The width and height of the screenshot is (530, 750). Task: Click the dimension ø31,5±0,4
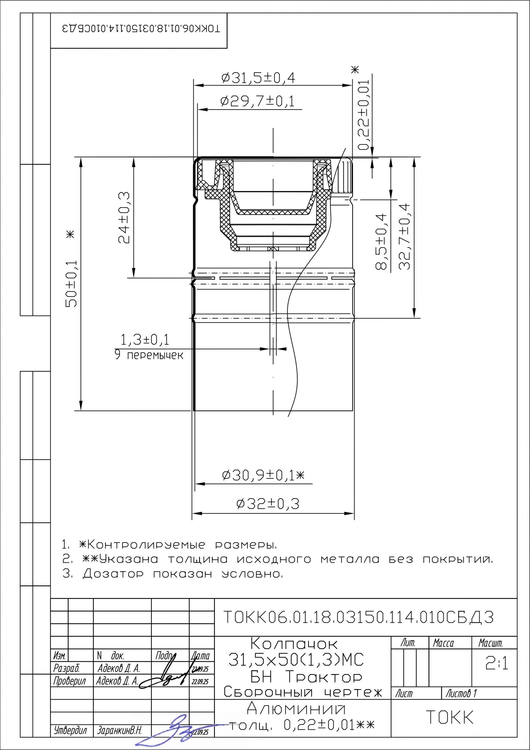[x=258, y=78]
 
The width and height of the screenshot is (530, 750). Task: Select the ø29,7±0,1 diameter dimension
[x=258, y=102]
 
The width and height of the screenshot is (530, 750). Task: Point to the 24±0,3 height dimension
[x=124, y=218]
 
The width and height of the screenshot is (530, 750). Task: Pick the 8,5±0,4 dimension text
[x=381, y=242]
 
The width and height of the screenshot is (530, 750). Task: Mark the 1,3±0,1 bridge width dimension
[x=145, y=340]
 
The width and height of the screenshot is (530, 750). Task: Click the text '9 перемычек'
[x=149, y=355]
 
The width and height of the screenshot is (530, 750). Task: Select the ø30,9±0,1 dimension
[x=263, y=475]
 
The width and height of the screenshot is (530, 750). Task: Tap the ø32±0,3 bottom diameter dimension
[x=268, y=503]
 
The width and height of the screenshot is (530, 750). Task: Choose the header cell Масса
[x=443, y=643]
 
